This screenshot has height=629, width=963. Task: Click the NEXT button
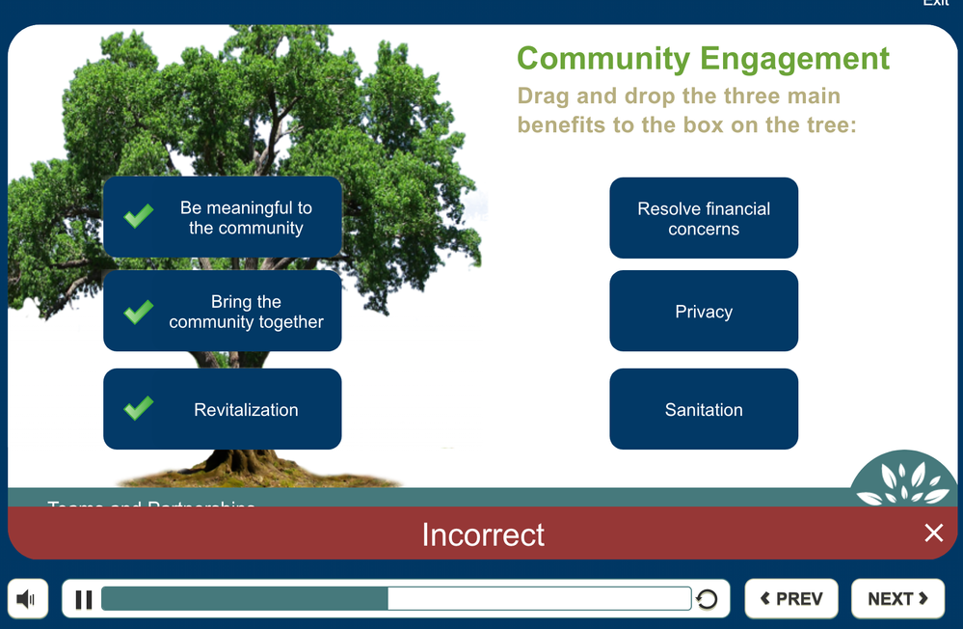[897, 599]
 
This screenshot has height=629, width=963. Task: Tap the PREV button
[790, 599]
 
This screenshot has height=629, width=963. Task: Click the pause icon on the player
[84, 599]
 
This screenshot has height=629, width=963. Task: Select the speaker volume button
[27, 599]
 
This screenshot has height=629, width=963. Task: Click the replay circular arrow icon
[707, 600]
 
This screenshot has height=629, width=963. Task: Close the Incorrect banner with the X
[933, 533]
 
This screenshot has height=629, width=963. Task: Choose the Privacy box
[704, 312]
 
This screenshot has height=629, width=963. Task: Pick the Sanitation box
[704, 410]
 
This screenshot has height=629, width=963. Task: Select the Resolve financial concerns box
[704, 219]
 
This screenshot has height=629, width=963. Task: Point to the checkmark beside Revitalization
[139, 408]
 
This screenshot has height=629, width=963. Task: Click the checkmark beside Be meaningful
[139, 215]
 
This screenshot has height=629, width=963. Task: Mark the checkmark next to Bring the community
[139, 311]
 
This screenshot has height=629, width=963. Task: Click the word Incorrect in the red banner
[483, 534]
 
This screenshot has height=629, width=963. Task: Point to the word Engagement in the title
[795, 59]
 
